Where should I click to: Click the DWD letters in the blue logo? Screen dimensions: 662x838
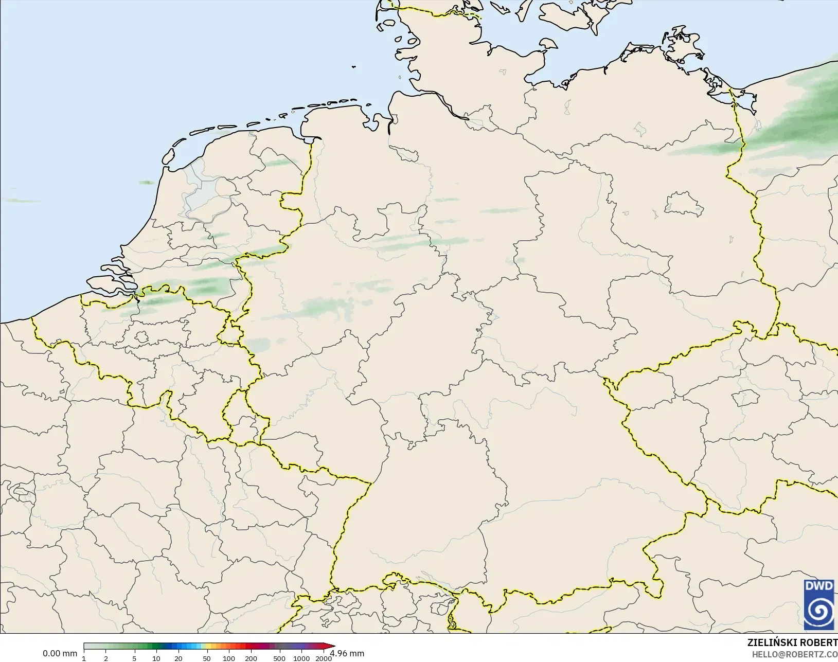coord(819,586)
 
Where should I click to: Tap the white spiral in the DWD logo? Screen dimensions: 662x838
coord(819,611)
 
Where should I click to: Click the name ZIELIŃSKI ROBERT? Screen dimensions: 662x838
coord(792,642)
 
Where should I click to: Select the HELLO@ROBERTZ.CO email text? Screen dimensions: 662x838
coord(795,654)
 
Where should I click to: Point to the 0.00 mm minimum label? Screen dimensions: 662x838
coord(60,653)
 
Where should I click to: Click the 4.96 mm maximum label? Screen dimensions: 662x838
coord(347,653)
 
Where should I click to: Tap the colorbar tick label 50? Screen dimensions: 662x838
coord(207,658)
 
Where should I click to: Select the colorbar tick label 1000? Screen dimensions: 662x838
coord(301,658)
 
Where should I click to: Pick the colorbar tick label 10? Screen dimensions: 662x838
coord(156,658)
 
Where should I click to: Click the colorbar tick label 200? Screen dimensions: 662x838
coord(251,658)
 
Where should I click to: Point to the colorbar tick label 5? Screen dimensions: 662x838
coord(134,658)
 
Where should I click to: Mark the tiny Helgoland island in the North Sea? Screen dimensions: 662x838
coord(353,66)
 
